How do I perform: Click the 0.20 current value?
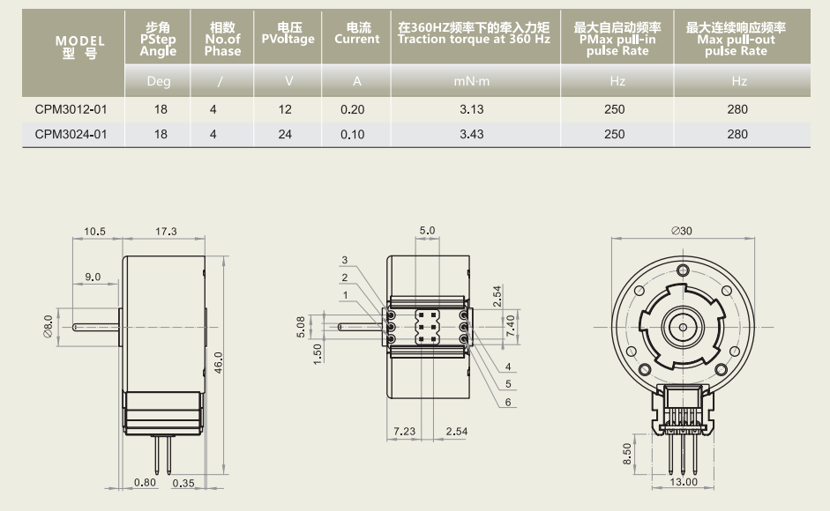pos(357,110)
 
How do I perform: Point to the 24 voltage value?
pos(288,135)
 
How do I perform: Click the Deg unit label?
pos(159,82)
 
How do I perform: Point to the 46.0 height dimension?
pos(218,361)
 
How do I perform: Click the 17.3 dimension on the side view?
pos(165,232)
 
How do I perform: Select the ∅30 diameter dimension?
pos(681,231)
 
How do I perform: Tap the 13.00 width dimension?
pos(684,482)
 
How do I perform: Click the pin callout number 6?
pos(508,402)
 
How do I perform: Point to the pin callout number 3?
pos(346,260)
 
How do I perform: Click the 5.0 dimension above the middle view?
pos(428,231)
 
